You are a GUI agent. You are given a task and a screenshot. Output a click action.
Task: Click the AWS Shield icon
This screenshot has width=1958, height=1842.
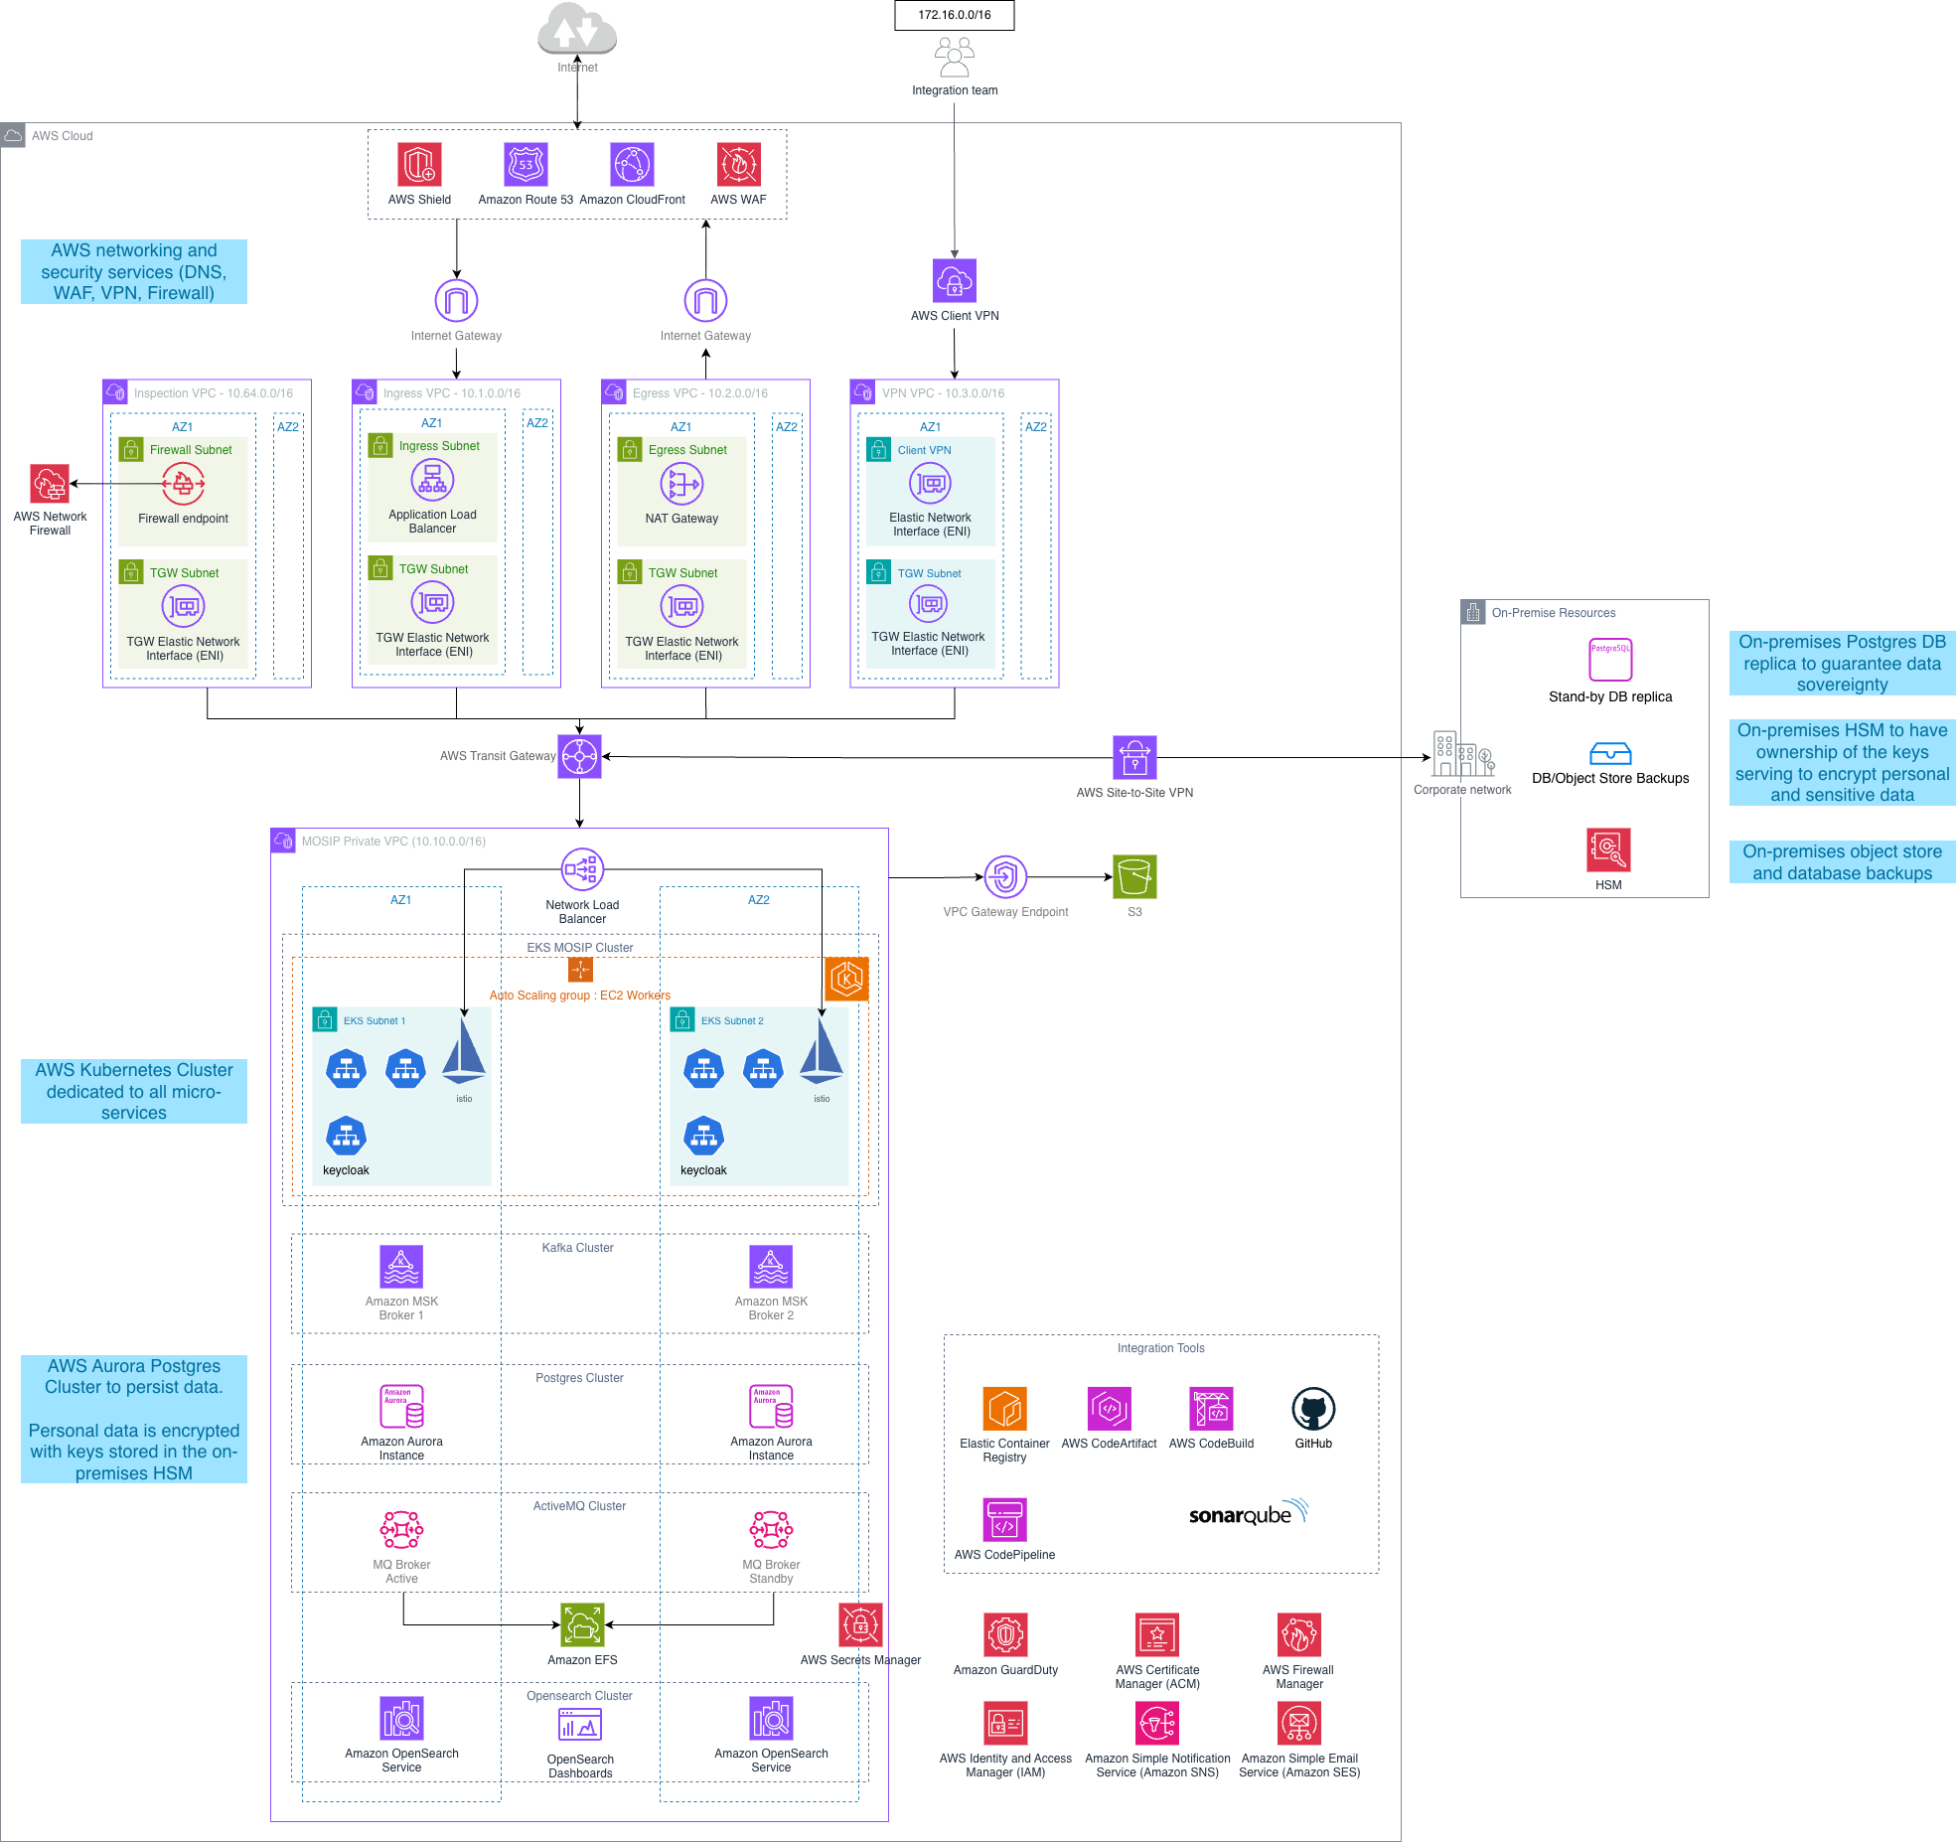tap(419, 165)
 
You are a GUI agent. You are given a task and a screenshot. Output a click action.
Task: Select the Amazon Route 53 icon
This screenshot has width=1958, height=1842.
tap(526, 165)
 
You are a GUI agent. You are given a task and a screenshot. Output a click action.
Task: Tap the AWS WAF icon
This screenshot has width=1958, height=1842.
tap(738, 165)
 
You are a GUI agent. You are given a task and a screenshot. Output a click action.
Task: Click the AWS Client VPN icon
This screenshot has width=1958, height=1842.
tap(954, 281)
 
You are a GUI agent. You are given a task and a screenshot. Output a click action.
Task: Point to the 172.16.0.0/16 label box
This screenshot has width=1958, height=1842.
tap(954, 15)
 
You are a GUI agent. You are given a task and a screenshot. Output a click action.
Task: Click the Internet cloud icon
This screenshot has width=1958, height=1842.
tap(577, 30)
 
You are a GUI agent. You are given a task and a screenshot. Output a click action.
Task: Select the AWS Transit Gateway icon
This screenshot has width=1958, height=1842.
tap(579, 757)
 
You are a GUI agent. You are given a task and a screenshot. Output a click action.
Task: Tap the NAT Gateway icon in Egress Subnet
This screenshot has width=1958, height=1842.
tap(681, 484)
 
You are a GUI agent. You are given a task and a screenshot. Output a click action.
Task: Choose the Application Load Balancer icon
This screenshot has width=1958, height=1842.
tap(432, 480)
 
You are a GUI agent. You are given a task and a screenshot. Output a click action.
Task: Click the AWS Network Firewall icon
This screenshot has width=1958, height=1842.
tap(50, 485)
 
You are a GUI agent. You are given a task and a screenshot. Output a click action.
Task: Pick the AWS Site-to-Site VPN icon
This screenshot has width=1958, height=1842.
tap(1134, 758)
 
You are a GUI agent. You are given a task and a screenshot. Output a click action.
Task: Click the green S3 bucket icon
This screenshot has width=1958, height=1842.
tap(1134, 877)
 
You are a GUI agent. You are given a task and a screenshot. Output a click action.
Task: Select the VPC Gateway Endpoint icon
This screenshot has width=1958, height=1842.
tap(1005, 877)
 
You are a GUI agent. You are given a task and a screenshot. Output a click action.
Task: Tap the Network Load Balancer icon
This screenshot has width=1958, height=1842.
tap(582, 870)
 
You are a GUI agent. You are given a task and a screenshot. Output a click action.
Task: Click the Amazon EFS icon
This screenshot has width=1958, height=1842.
tap(582, 1625)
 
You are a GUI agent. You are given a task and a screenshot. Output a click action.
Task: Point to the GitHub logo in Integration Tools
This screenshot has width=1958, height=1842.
tap(1313, 1409)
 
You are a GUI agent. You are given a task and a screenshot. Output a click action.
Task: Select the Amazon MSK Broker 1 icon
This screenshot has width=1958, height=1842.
tap(401, 1267)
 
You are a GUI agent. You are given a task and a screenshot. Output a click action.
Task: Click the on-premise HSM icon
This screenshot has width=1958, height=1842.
tap(1608, 850)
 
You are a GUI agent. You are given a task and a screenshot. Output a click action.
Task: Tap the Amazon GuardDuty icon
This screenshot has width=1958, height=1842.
tap(1005, 1635)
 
